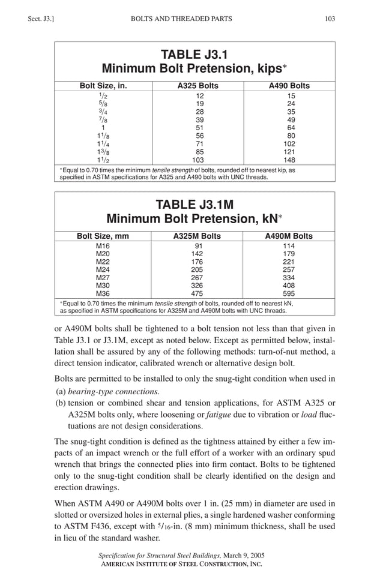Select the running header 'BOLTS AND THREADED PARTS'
[x=181, y=19]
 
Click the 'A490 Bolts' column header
[x=289, y=86]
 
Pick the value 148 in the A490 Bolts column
[x=291, y=160]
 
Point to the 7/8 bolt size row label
[x=103, y=119]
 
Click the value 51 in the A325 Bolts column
[x=201, y=128]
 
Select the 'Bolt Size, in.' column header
[x=103, y=86]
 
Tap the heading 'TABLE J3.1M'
[x=195, y=204]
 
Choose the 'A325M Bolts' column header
[x=197, y=236]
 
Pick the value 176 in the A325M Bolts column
[x=197, y=262]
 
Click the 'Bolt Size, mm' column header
[x=103, y=236]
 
